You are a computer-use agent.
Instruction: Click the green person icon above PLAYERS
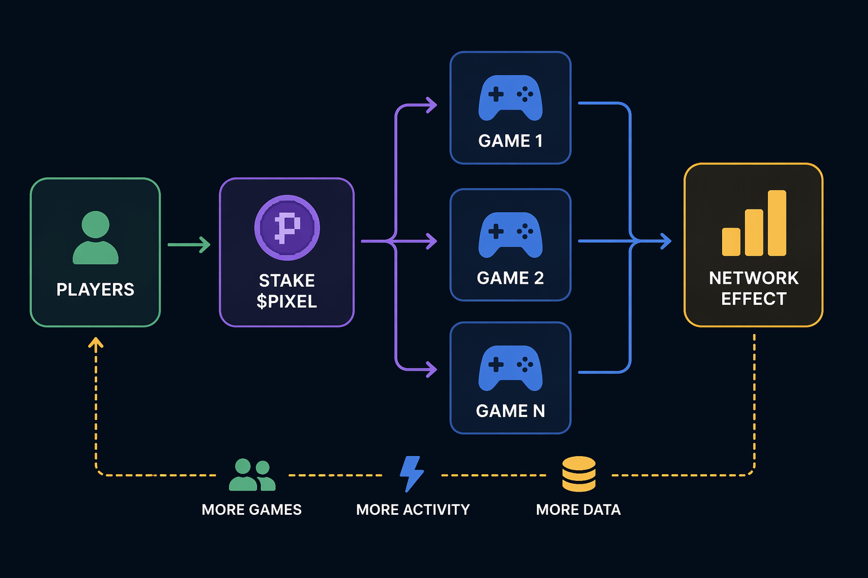96,238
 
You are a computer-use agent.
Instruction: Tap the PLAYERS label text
96,290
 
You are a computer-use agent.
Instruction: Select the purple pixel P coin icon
287,227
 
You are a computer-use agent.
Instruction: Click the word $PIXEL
287,302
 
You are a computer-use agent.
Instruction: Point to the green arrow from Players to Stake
189,245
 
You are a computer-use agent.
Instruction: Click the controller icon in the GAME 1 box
510,98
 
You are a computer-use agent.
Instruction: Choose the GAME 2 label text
510,278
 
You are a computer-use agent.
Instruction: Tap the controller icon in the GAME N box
510,368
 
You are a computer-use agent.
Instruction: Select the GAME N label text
510,411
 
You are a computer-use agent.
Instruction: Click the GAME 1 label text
510,141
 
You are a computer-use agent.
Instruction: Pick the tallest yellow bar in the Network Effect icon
777,223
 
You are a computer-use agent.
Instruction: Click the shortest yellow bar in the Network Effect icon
731,242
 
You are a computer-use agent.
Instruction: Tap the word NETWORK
754,278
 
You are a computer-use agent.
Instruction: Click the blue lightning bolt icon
411,474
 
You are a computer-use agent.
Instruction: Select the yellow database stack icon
579,474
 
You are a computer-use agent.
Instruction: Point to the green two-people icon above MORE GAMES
252,475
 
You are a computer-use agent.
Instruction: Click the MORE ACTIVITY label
413,510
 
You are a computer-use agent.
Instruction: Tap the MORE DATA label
578,510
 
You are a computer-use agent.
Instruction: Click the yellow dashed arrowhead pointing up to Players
96,342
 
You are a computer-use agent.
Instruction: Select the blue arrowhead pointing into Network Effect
666,242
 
